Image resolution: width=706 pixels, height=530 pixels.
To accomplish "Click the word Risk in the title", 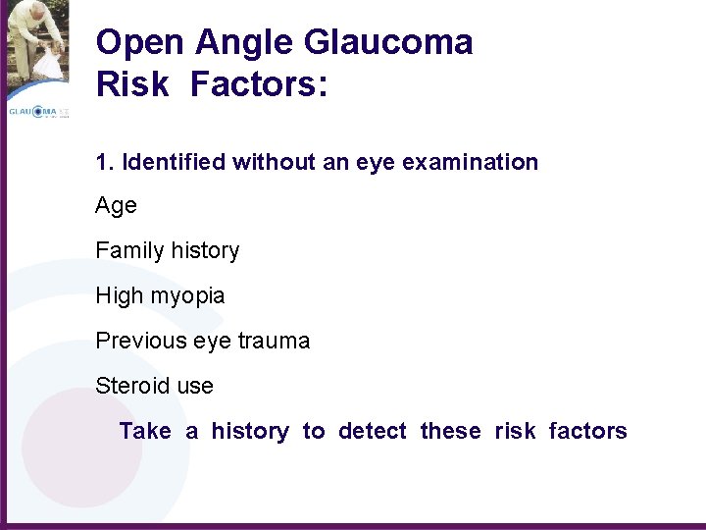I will pos(133,84).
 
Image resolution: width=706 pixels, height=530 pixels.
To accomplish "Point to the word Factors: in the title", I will pos(259,84).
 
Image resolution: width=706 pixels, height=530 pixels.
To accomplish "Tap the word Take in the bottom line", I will pos(145,431).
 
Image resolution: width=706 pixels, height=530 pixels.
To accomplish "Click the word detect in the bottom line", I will pos(372,431).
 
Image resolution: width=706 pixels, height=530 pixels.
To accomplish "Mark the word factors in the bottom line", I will pos(587,431).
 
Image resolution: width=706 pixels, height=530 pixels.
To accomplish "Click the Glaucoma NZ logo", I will pos(37,112).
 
